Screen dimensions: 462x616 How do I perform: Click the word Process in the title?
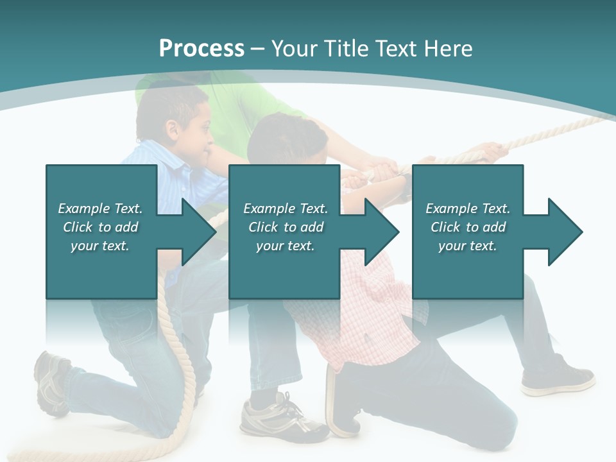(201, 49)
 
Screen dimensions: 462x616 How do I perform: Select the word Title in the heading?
(346, 49)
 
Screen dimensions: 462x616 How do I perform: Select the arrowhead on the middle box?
(379, 232)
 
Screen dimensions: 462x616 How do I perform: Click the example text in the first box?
(100, 227)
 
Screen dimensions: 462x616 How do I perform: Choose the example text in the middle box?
(285, 227)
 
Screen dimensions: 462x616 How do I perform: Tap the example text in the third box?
(468, 227)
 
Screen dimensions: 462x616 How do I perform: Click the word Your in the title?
(295, 49)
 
